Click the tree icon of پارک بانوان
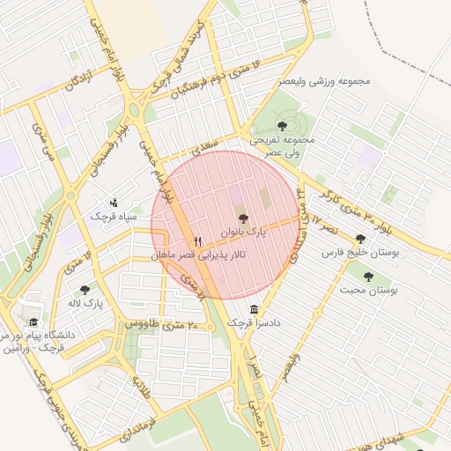pos(243,218)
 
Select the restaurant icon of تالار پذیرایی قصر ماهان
pos(197,240)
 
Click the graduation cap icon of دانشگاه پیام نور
pos(34,322)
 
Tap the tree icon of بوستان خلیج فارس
pos(359,239)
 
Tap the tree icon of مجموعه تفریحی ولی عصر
pos(283,126)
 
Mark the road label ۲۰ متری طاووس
pos(163,324)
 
